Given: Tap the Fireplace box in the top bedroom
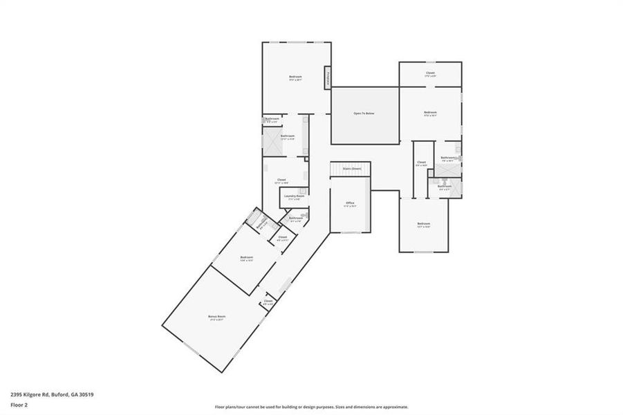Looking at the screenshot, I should pos(327,77).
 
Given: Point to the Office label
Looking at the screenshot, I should pos(351,203).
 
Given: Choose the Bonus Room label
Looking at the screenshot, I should pos(217,316).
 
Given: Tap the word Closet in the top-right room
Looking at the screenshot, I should pos(430,73).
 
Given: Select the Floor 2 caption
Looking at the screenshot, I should pos(19,404).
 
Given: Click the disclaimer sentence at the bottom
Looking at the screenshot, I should pos(311,407).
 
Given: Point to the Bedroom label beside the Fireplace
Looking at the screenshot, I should pos(295,76).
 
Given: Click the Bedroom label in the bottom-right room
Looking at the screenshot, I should pos(423,223).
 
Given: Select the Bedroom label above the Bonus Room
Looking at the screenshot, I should pos(246,257).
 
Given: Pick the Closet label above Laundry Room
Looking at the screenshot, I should pos(281,180).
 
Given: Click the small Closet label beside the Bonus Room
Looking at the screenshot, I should pos(268,301).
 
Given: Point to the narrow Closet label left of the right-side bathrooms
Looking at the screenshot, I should pos(421,163).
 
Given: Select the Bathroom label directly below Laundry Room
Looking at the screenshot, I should pos(295,218).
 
